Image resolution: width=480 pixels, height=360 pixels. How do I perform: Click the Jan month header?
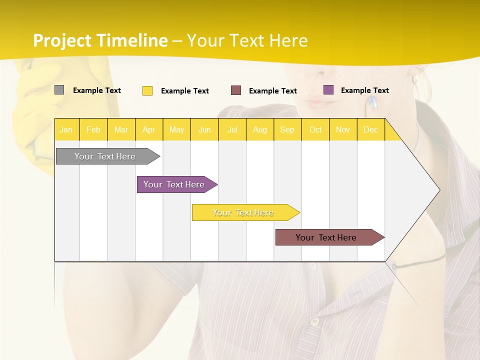(x=66, y=130)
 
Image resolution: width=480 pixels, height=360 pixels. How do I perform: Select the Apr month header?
(x=148, y=130)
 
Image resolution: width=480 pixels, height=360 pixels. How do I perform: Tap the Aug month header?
(x=259, y=130)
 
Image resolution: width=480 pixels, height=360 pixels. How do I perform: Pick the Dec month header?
(x=370, y=130)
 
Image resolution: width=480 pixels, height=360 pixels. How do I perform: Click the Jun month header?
(x=204, y=130)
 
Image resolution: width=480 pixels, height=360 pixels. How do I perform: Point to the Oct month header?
(x=315, y=130)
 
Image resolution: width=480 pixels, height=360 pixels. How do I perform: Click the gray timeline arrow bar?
(x=105, y=156)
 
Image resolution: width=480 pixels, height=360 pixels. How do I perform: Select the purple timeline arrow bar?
(x=174, y=184)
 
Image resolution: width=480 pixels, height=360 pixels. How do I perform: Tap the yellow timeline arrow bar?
(x=243, y=212)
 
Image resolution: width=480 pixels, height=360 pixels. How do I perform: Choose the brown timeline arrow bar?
(x=326, y=237)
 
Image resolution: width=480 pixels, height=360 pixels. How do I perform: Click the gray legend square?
(x=59, y=90)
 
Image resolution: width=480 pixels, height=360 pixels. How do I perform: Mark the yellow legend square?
(x=147, y=90)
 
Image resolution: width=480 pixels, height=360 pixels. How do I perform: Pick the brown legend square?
(x=236, y=90)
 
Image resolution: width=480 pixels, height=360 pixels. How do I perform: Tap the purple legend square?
(x=328, y=90)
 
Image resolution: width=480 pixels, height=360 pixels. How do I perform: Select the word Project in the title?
(x=62, y=41)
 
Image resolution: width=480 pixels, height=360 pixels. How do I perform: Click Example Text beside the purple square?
(x=364, y=90)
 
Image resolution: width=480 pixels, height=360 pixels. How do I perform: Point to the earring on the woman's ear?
(x=372, y=103)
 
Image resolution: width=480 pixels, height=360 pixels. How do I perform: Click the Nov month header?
(x=343, y=130)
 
